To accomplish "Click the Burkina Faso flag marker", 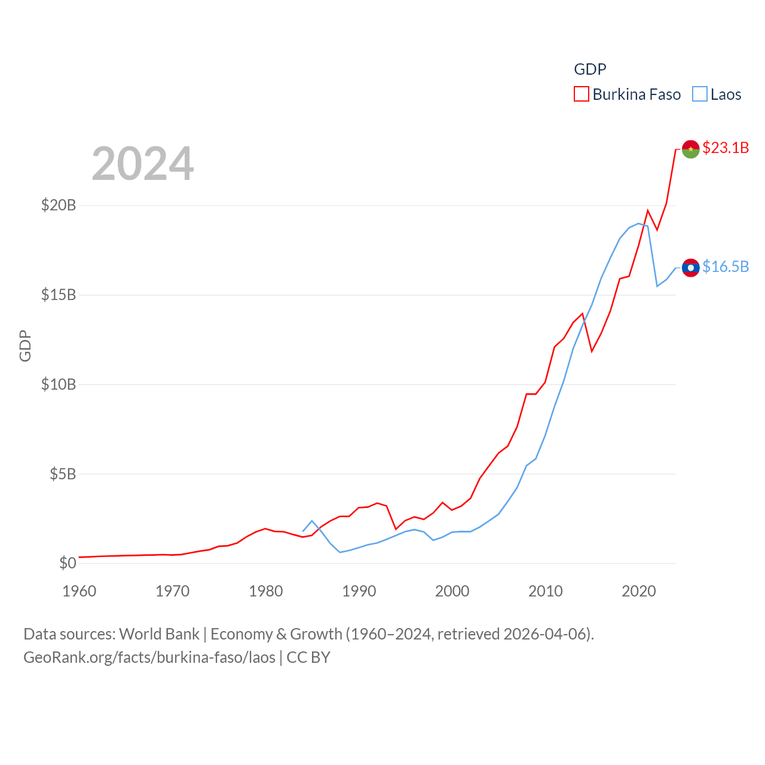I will (x=690, y=149).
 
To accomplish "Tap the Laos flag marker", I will (x=690, y=268).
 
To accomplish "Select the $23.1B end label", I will (x=726, y=148).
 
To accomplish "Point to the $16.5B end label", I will (x=726, y=267).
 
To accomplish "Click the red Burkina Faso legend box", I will (x=582, y=94).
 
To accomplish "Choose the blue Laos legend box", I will (x=700, y=94).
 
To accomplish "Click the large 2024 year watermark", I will (x=143, y=164).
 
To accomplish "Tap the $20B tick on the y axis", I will (x=59, y=205).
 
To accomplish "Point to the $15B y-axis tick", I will (x=59, y=295).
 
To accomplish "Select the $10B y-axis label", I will (x=59, y=384).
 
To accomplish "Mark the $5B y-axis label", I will (x=63, y=474).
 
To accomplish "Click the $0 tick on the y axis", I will (x=68, y=563).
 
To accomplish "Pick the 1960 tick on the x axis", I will (x=79, y=591).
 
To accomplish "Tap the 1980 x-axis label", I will (x=266, y=591).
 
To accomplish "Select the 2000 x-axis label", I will (x=452, y=591).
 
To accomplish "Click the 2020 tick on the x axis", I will (x=639, y=591).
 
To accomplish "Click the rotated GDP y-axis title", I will (x=25, y=345).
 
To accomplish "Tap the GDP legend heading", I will (x=590, y=69).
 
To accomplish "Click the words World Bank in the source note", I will (x=159, y=634).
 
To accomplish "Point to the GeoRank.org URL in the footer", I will (x=149, y=657).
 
